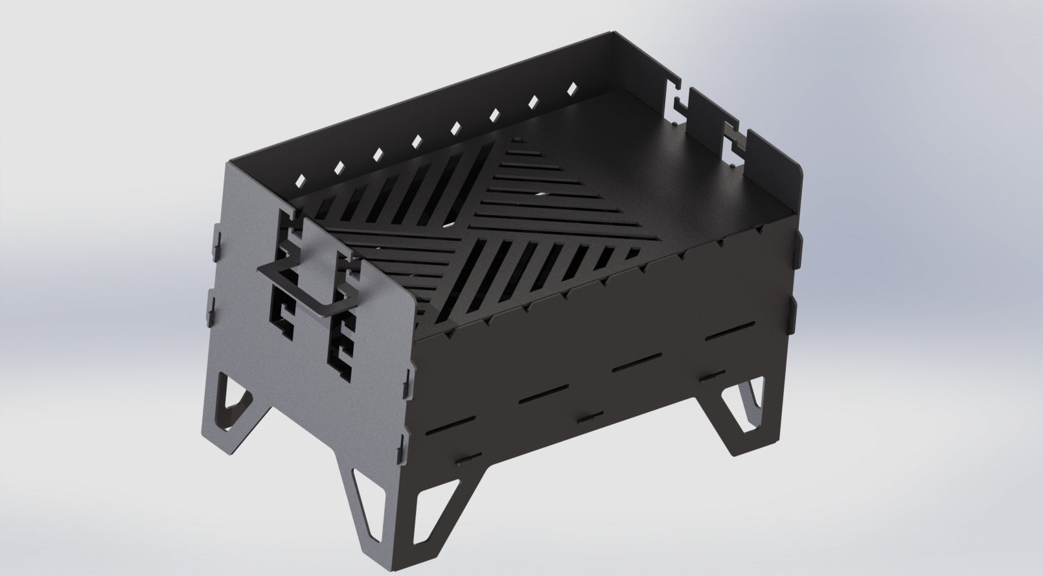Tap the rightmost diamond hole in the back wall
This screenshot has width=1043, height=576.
572,87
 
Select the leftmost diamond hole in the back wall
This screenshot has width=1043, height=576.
300,179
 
